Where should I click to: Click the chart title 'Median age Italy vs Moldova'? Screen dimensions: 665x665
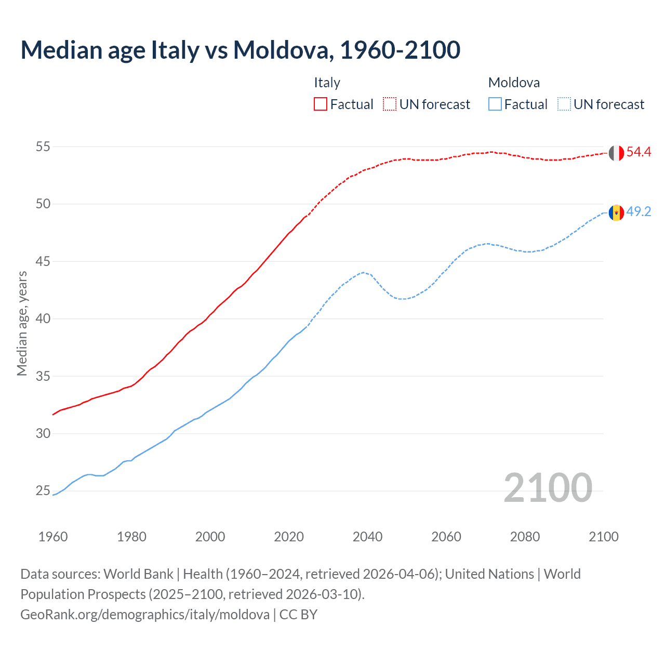click(240, 50)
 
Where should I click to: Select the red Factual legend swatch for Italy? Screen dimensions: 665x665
click(321, 104)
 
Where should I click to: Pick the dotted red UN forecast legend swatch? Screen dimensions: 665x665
click(390, 104)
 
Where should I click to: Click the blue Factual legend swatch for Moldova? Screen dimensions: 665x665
click(495, 104)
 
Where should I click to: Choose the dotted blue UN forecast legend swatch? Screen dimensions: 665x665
click(564, 104)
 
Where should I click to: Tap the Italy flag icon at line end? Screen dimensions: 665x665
click(616, 153)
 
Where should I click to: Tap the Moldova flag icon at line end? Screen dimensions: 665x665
click(616, 212)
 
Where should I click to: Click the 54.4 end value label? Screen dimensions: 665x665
click(639, 152)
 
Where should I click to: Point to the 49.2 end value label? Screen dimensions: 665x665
click(639, 212)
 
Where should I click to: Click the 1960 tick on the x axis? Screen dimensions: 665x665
click(53, 537)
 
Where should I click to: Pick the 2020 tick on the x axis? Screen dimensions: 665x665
click(289, 537)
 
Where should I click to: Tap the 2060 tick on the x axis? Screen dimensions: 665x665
click(446, 537)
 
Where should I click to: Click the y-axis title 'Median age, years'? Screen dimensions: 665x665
click(22, 323)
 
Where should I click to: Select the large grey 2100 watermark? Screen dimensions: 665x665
click(548, 487)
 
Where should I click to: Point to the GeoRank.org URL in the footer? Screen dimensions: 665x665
click(145, 615)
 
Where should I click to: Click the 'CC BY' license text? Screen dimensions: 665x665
click(298, 615)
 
